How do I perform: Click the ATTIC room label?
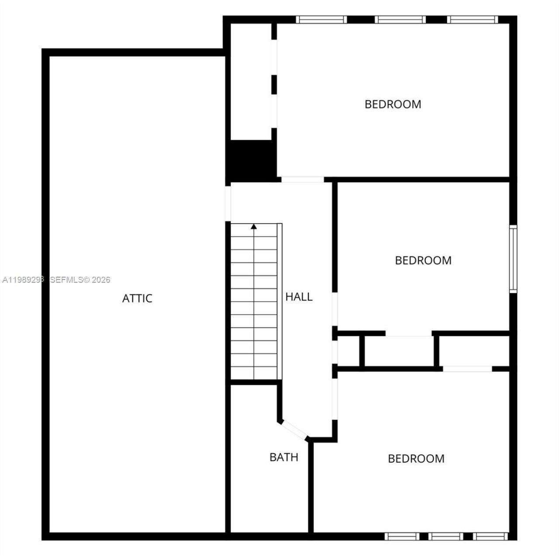[x=137, y=298]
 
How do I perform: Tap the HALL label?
[x=299, y=297]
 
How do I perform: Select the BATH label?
[x=284, y=457]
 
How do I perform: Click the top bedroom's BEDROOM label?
[x=393, y=104]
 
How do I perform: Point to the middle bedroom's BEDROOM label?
[x=423, y=260]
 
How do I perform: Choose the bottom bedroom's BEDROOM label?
[x=416, y=459]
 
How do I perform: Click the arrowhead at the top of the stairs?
[x=254, y=226]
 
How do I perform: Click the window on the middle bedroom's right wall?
[x=513, y=259]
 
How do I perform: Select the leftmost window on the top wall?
[x=321, y=20]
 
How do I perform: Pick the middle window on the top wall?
[x=400, y=20]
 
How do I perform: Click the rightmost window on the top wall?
[x=473, y=20]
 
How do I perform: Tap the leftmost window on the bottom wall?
[x=401, y=536]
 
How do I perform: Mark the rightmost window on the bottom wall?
[x=490, y=536]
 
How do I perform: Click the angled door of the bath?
[x=294, y=428]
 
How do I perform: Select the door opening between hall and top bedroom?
[x=302, y=179]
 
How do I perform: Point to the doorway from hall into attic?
[x=228, y=204]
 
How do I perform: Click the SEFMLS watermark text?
[x=80, y=280]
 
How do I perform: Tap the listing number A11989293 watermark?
[x=24, y=280]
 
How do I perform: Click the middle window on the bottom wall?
[x=445, y=536]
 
